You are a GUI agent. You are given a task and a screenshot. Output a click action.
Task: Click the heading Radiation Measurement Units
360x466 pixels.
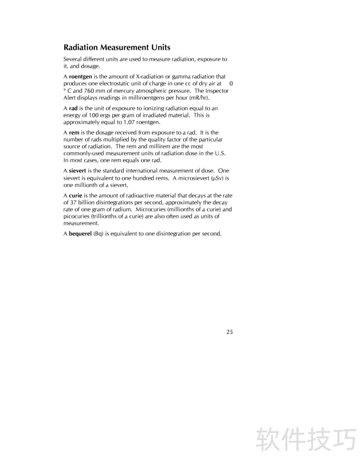(117, 47)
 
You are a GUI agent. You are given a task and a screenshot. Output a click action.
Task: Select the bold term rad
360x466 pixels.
(73, 108)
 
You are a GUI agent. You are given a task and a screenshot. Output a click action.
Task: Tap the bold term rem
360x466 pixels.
(74, 133)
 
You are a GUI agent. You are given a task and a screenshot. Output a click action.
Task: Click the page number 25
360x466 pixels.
(229, 332)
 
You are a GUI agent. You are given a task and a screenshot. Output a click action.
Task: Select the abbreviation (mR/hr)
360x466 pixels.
(199, 98)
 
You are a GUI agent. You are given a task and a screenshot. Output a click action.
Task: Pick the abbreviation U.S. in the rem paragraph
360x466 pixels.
(220, 154)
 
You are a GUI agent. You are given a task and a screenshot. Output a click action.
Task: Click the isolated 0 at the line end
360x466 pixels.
(231, 84)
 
